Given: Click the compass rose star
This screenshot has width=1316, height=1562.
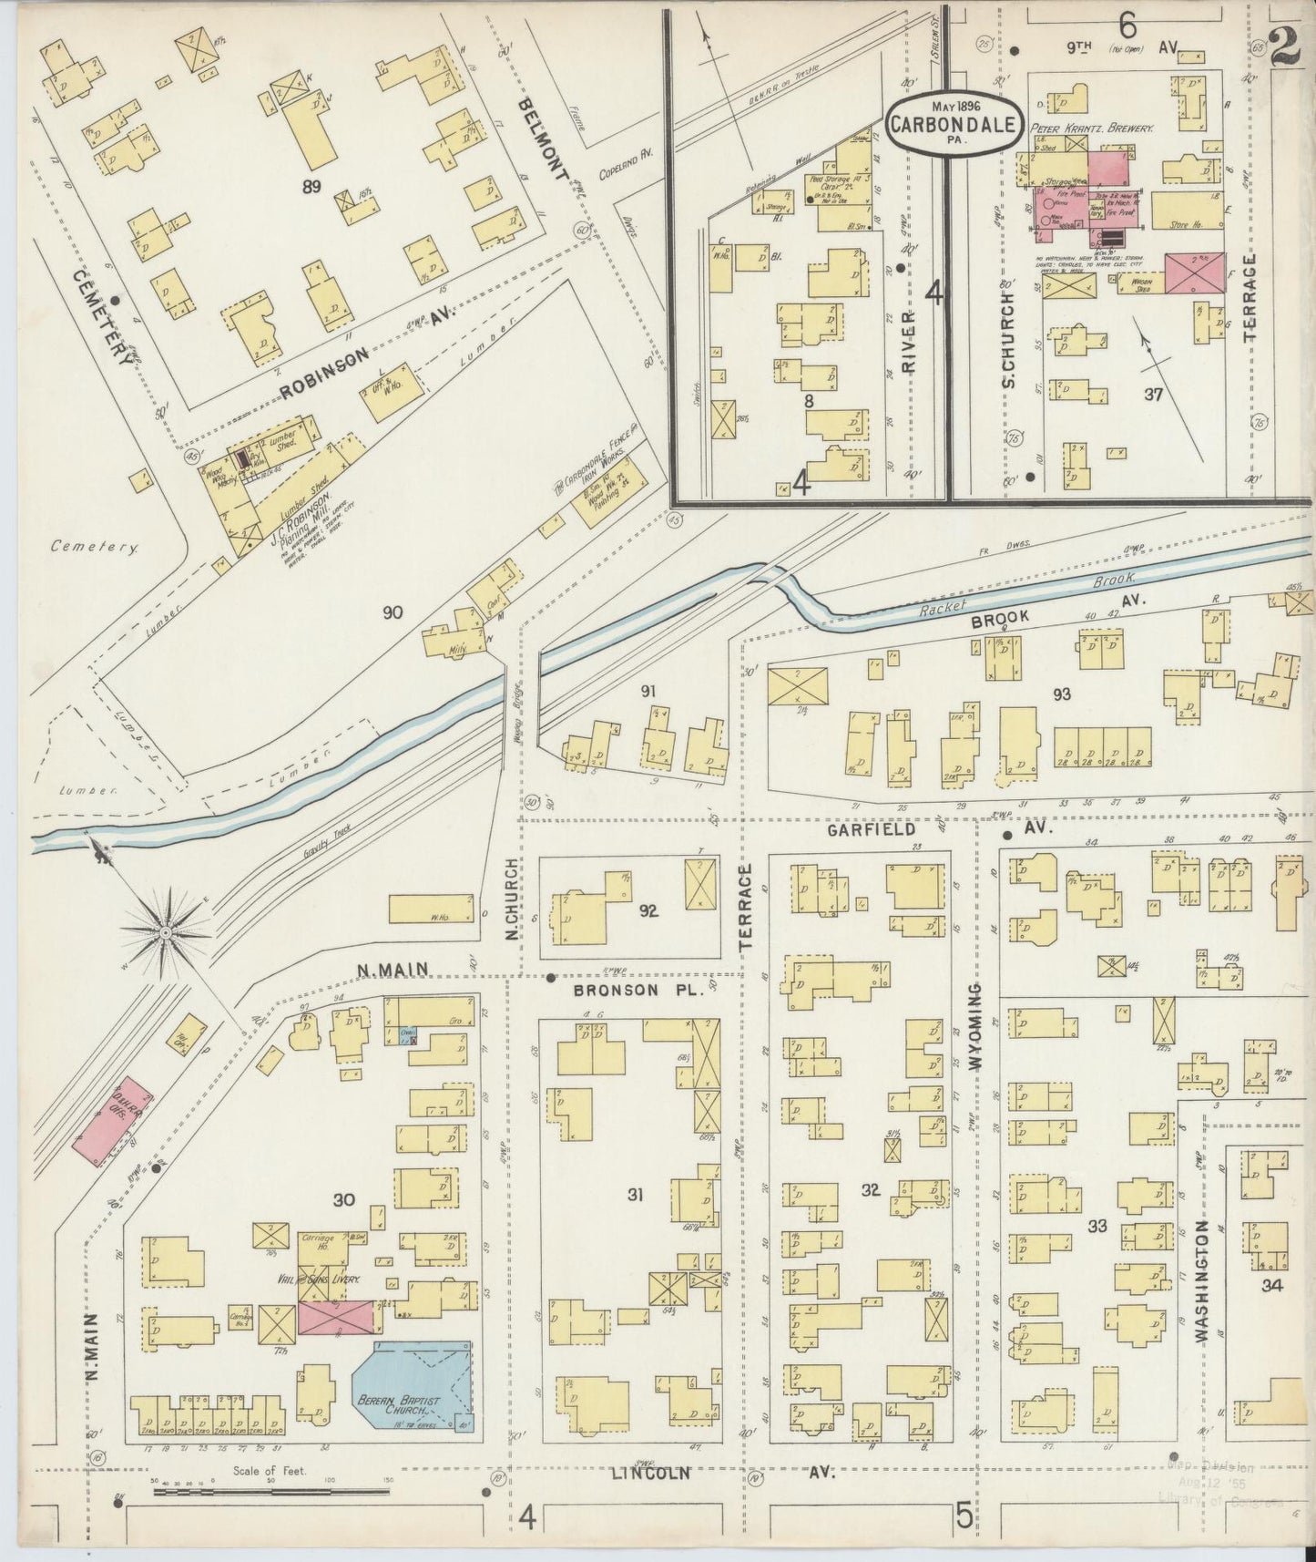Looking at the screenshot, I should [x=167, y=933].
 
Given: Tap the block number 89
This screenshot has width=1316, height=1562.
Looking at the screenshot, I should [x=312, y=187].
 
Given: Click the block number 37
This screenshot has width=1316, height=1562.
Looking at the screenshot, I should [x=1154, y=394].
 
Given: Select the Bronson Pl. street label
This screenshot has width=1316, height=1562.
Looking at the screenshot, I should [x=639, y=990].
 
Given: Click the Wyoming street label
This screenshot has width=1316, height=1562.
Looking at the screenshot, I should [x=975, y=1030].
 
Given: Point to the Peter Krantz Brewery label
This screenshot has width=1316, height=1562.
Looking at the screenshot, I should [x=1091, y=128].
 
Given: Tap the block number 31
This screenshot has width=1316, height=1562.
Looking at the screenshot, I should [x=635, y=1193].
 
